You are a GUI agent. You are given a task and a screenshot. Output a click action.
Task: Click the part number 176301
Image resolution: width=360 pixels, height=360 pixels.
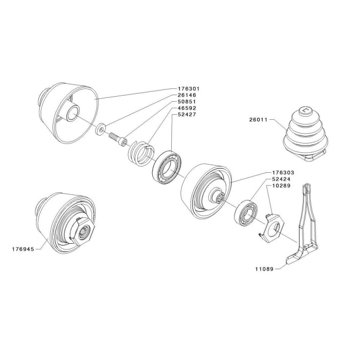coord(189,88)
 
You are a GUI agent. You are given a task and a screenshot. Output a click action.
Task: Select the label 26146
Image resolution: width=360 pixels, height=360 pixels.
coord(187,95)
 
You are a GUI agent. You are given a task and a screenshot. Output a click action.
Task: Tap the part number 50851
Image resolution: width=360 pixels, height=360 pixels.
coord(187,101)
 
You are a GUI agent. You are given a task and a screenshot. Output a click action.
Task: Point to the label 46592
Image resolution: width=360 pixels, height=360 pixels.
coord(187,108)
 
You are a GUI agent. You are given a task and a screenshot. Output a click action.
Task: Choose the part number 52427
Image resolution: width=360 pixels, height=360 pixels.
coord(187,114)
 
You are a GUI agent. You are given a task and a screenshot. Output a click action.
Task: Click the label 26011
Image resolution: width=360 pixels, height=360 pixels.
coord(259,120)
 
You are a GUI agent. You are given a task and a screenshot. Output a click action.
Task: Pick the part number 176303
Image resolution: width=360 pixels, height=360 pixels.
coord(283,172)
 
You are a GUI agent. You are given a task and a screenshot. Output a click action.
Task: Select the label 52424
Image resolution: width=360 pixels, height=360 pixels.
coord(281,179)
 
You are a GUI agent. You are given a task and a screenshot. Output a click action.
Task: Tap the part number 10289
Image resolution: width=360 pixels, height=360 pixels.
coord(281,185)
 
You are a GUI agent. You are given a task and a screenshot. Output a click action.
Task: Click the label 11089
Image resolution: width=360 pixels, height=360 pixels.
coord(264,269)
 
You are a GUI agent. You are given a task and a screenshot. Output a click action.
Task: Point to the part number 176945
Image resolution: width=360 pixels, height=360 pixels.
coord(23,249)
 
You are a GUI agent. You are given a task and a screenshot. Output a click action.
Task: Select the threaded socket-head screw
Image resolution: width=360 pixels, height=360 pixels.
coord(118,139)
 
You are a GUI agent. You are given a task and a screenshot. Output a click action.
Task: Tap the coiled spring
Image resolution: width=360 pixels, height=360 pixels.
coord(140,153)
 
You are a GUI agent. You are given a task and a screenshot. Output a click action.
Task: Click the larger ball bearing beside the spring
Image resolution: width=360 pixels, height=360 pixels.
coord(167,165)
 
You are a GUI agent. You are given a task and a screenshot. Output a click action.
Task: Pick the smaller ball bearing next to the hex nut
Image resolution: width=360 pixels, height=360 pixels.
coord(246,213)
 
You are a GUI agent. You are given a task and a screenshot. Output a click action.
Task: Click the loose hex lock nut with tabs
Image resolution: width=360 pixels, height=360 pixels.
coord(272,228)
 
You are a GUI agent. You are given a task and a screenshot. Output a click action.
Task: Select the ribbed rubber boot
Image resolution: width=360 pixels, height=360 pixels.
coord(306,134)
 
